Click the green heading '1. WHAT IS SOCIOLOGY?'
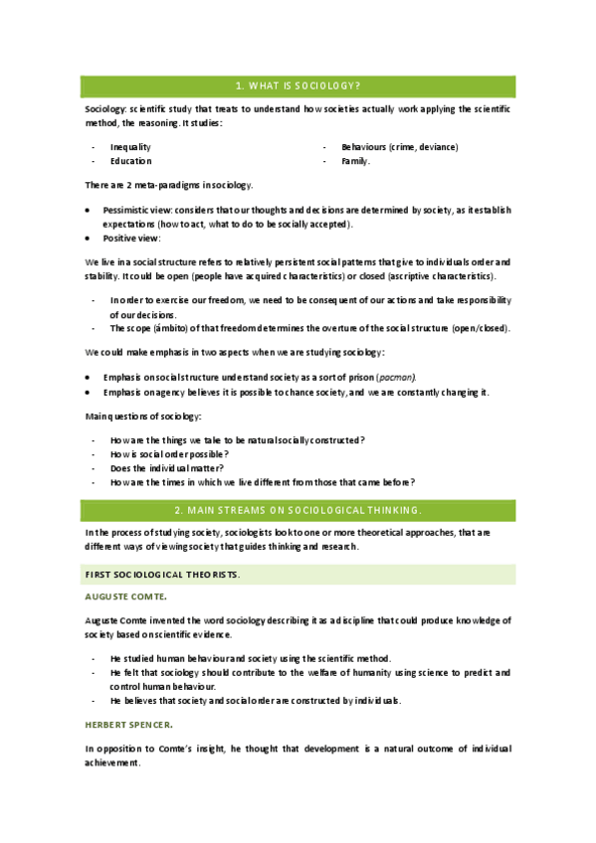point(298,85)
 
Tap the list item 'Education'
point(130,161)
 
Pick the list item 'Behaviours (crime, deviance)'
point(399,147)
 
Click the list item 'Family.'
point(355,161)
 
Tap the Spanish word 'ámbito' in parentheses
point(164,328)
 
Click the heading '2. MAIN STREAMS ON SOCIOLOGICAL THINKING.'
point(298,510)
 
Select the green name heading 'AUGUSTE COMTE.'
point(125,596)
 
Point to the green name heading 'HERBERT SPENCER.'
point(129,724)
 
